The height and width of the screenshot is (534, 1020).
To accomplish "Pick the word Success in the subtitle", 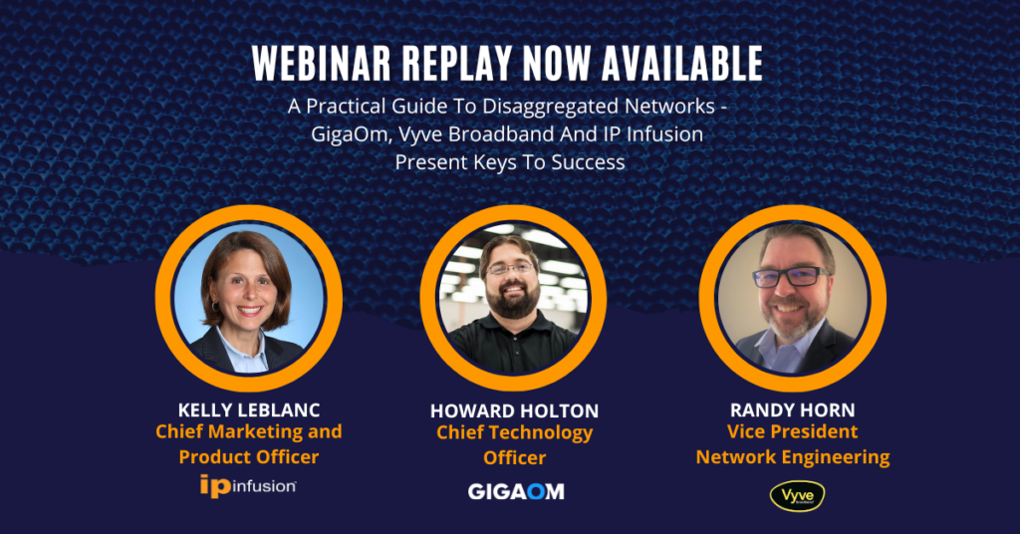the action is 588,162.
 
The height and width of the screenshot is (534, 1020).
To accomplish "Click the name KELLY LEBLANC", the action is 249,409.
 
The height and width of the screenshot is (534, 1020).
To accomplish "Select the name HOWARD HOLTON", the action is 514,411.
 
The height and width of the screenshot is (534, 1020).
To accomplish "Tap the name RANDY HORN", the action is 792,409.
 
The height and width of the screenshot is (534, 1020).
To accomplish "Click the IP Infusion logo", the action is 248,486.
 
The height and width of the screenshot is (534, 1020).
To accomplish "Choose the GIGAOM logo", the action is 516,492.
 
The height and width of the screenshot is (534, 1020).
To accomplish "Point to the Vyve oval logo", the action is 797,496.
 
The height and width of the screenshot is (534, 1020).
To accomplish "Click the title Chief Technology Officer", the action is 515,445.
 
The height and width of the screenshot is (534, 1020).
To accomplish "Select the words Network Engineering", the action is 792,457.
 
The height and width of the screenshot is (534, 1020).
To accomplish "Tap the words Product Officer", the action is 249,456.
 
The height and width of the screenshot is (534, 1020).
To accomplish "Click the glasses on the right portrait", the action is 790,277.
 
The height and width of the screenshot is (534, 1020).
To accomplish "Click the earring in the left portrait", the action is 213,306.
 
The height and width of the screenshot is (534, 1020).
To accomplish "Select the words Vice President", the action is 792,432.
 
